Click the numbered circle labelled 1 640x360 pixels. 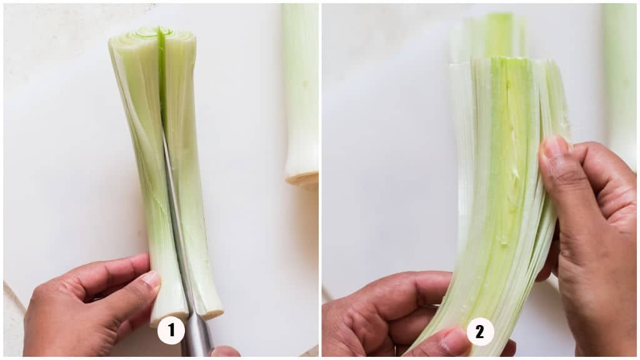pos(171,330)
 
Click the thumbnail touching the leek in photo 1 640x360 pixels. pos(151,279)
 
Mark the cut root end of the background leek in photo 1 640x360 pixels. pos(302,179)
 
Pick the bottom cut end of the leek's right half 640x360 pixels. pos(208,313)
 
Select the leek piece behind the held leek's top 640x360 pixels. pos(488,37)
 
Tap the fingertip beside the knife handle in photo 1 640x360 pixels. pos(225,351)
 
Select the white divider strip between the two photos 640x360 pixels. pos(321,180)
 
